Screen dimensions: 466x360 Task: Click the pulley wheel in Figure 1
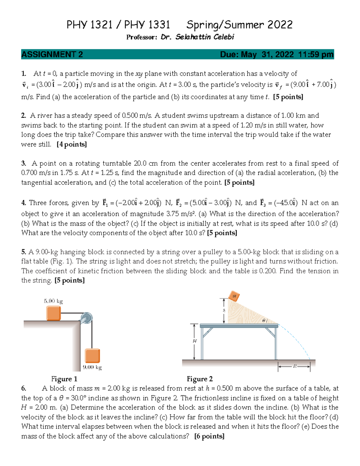86,318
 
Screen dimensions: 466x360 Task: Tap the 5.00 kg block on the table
53,313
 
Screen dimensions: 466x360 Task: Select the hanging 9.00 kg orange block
92,356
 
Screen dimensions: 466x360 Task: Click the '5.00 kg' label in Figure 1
53,301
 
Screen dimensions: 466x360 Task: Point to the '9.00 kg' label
92,367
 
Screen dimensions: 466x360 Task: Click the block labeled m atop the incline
234,296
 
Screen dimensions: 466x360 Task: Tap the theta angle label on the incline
264,320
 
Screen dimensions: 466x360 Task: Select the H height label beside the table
195,341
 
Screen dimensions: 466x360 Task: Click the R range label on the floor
295,366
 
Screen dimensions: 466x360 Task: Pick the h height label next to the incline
224,311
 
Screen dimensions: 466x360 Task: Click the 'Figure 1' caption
64,379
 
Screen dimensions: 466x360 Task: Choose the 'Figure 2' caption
199,379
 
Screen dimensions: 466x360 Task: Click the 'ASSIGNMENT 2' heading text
52,54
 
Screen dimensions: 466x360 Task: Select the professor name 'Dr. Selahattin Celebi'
197,37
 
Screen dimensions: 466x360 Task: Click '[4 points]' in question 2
72,144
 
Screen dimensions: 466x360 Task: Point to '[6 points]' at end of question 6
209,436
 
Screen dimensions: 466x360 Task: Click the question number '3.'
24,164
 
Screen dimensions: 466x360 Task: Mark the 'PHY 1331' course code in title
147,25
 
